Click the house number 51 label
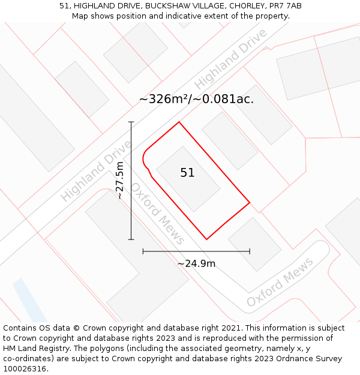click(187, 173)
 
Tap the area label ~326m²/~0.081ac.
click(196, 99)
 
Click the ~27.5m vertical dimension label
click(120, 181)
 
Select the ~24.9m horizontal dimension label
click(196, 263)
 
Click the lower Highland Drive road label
click(96, 171)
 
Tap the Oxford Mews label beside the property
click(158, 214)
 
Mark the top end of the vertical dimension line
click(131, 122)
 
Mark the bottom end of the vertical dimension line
click(131, 239)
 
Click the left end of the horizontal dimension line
click(143, 251)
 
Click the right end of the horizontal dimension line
click(250, 251)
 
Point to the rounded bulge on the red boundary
click(144, 160)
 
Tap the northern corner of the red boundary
click(179, 122)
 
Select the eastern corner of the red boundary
click(250, 202)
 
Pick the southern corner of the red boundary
click(207, 239)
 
